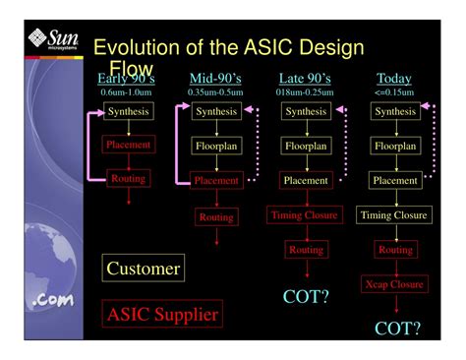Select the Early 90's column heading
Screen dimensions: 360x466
127,79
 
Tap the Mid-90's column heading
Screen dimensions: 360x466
215,79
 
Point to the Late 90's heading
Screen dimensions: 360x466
305,79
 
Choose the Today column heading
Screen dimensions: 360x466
394,79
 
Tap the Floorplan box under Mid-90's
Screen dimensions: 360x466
215,146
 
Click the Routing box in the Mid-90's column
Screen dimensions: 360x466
215,216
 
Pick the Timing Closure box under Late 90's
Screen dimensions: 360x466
305,214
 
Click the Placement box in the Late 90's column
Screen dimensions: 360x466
305,180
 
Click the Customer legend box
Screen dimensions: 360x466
144,269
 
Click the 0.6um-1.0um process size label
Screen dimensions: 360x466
127,92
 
